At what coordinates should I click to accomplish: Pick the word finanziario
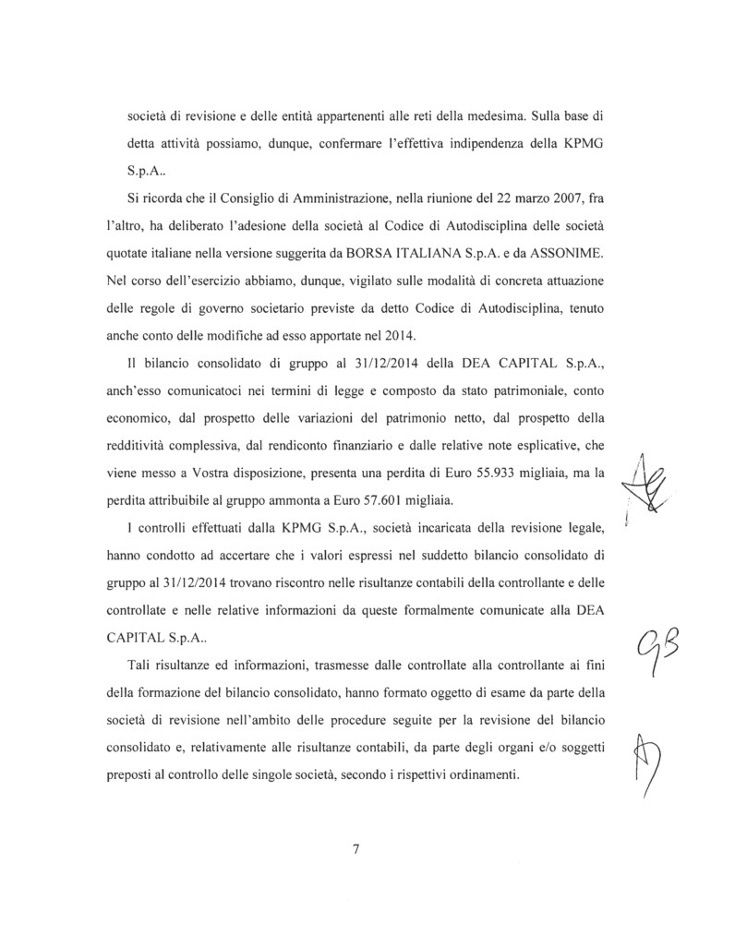tap(369, 448)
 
